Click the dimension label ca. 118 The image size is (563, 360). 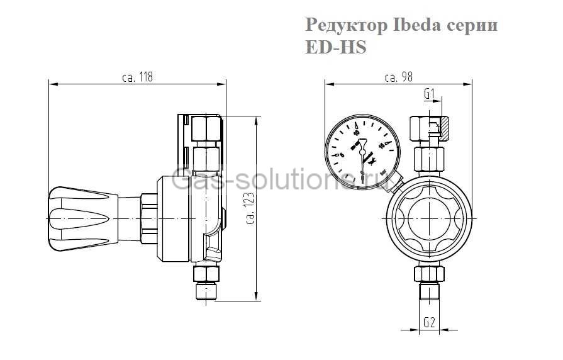(x=138, y=77)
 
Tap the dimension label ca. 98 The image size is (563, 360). (x=398, y=77)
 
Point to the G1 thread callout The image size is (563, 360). (x=430, y=94)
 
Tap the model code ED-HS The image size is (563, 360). (x=335, y=47)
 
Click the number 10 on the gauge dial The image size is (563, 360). (x=356, y=133)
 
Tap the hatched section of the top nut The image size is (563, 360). (x=442, y=130)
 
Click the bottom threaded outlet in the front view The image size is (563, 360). (x=428, y=293)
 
